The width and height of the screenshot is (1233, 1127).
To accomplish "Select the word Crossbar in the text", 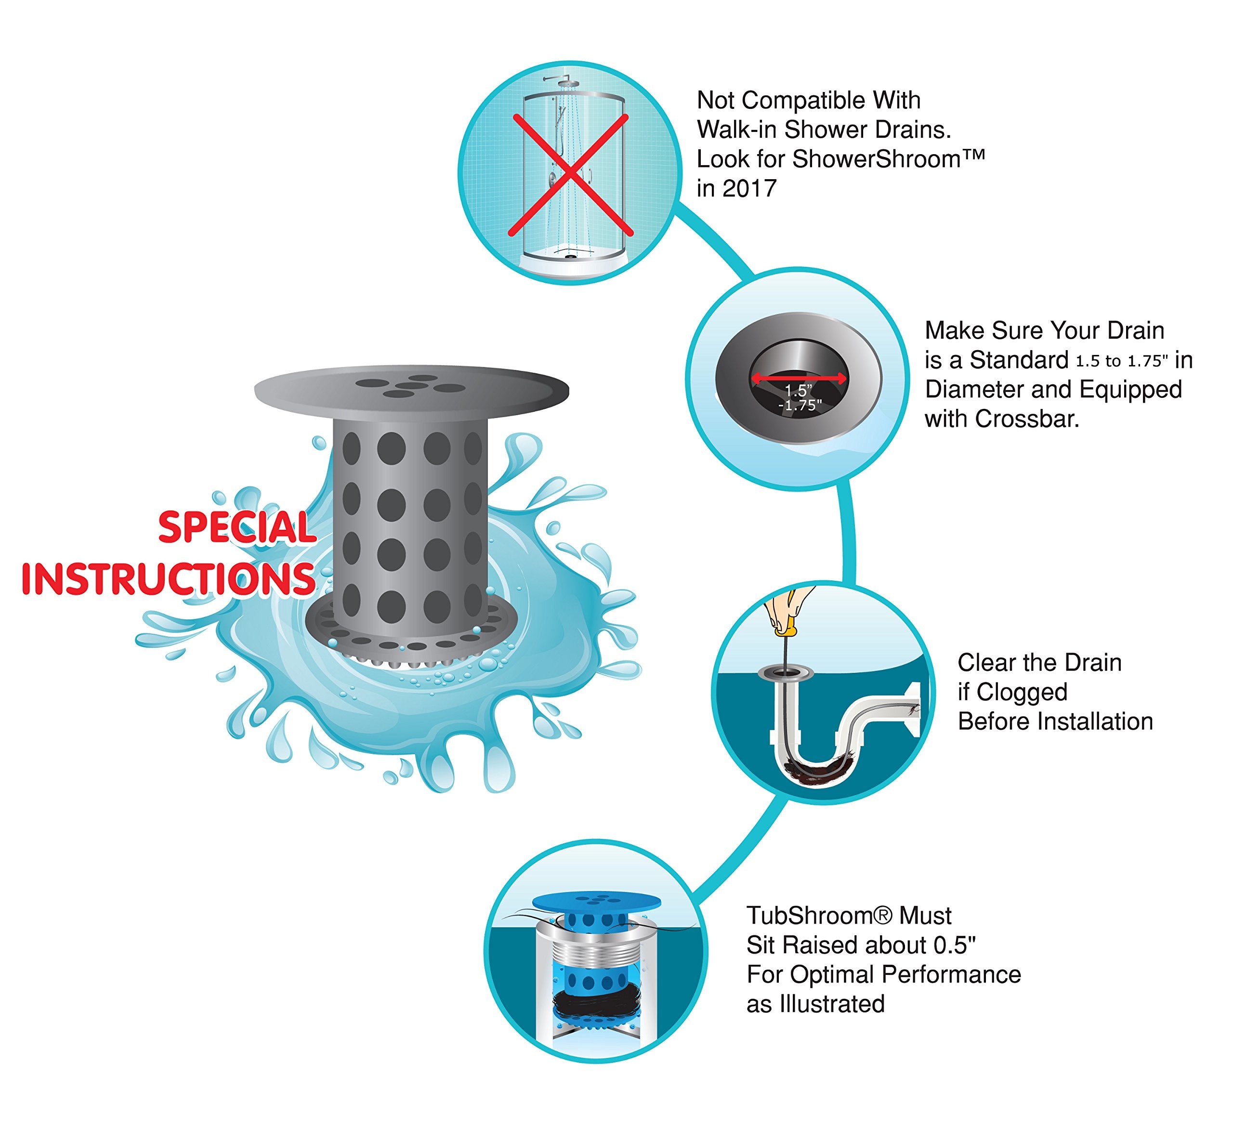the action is (1027, 419).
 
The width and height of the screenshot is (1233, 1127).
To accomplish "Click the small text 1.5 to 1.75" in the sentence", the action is (1122, 361).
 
